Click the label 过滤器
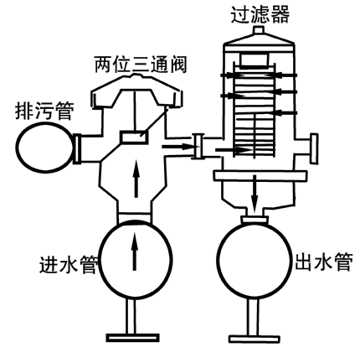[260, 14]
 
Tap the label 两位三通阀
[141, 65]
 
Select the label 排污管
[44, 111]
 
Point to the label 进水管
[69, 264]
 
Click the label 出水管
[324, 262]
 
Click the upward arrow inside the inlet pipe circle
[135, 252]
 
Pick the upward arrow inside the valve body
[136, 179]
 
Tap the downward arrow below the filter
[254, 194]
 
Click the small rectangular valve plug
[134, 137]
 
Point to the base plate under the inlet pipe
[132, 338]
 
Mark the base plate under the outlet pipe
[255, 339]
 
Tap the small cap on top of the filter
[259, 30]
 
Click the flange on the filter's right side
[314, 148]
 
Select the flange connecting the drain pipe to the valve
[77, 148]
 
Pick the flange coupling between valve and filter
[198, 146]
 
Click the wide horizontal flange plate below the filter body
[260, 175]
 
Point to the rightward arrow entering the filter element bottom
[233, 150]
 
